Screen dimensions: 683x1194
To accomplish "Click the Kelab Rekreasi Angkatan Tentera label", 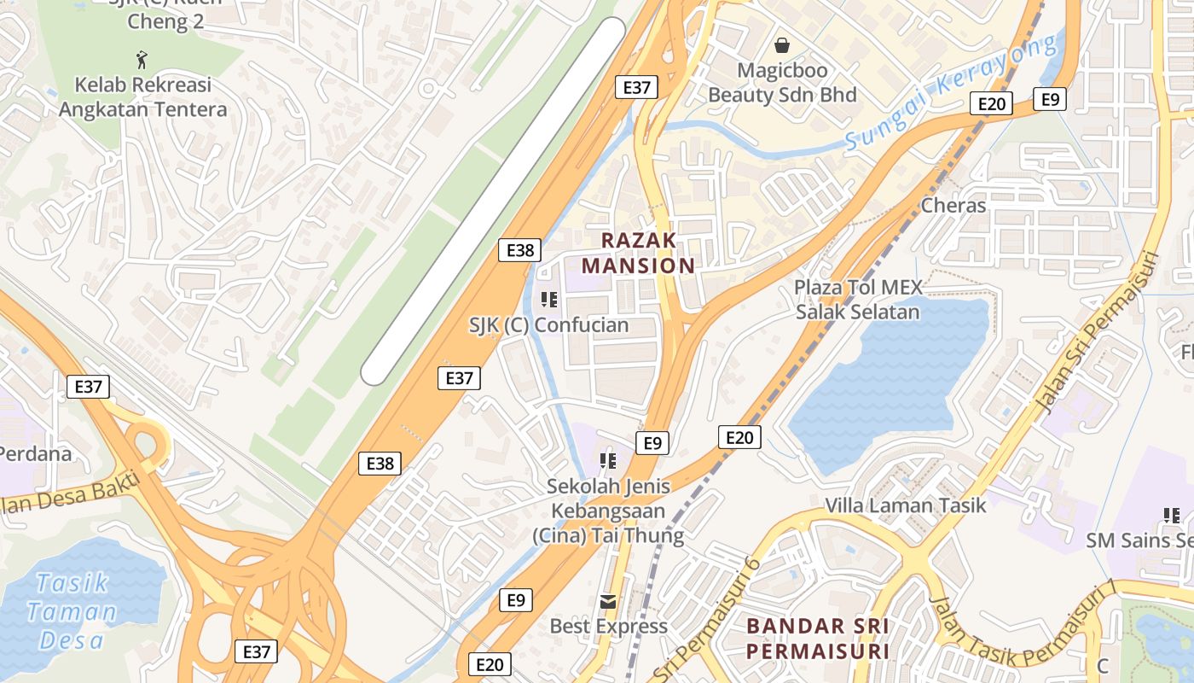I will pos(142,97).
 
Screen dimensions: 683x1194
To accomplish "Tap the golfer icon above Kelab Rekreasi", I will pos(142,60).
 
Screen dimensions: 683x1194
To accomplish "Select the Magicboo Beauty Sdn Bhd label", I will pos(782,82).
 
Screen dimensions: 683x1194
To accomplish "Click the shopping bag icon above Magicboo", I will pos(782,45).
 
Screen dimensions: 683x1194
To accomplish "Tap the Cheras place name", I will pos(953,206).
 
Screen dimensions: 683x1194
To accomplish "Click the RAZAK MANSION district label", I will pos(649,253).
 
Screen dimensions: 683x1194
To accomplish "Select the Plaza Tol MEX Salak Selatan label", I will pos(857,299).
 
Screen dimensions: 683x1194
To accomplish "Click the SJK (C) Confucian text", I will pos(549,325).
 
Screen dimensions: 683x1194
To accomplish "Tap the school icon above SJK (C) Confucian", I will pos(549,300).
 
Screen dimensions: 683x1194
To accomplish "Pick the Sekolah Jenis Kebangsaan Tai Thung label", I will pos(608,511).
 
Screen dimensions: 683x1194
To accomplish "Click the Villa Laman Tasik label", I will pos(905,505).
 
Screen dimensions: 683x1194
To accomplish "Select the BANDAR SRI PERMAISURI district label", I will pos(818,638).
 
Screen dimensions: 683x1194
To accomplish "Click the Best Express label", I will pos(608,627).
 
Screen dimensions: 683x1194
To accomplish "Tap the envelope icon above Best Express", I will pos(608,602).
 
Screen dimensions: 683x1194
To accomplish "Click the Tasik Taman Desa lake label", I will pos(72,611).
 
